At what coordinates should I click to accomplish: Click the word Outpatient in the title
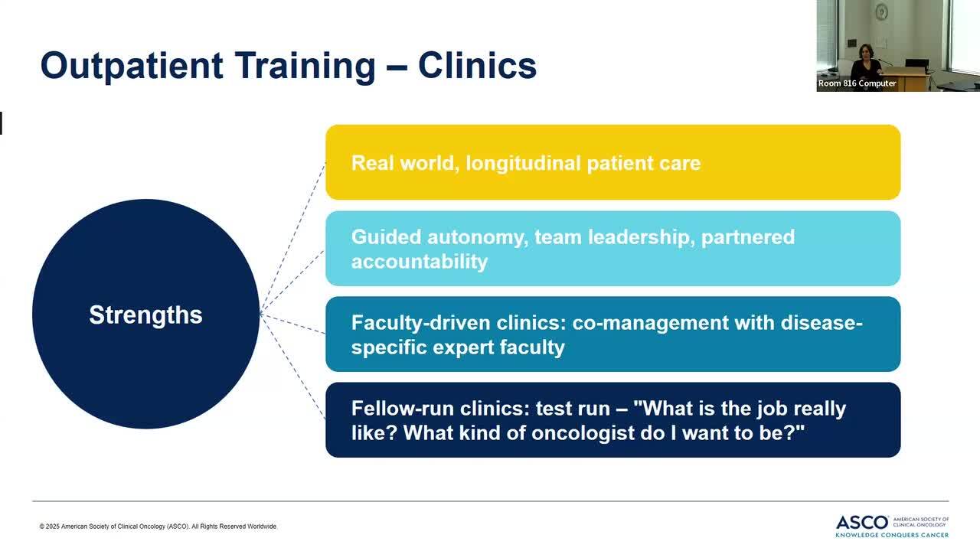132,66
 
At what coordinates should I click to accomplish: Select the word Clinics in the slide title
477,65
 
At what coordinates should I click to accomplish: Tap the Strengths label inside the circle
145,315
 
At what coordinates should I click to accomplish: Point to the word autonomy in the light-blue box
478,237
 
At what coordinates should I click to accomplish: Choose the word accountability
419,262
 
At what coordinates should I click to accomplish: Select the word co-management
650,323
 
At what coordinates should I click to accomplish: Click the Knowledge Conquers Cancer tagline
892,535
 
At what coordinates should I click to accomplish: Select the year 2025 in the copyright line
52,527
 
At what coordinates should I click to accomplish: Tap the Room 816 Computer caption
857,83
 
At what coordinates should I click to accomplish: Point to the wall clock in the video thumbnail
881,11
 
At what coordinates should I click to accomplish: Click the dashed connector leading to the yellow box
292,238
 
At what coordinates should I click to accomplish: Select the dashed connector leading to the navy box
292,367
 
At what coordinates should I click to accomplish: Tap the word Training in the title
305,66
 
